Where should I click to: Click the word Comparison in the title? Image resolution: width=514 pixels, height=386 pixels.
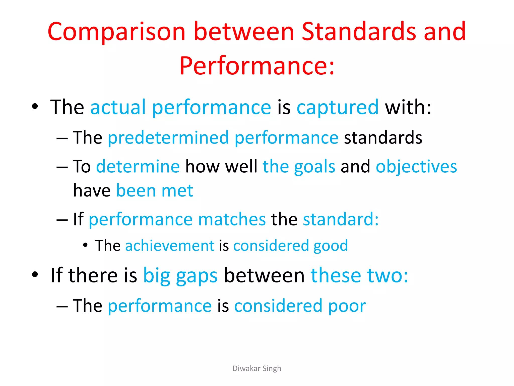[x=116, y=32]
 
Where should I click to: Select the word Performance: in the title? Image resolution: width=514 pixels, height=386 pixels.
[x=257, y=66]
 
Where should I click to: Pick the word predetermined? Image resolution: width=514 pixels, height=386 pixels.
[x=168, y=138]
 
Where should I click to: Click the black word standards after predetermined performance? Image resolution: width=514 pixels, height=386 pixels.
[x=383, y=138]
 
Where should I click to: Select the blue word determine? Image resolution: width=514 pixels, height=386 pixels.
[x=138, y=166]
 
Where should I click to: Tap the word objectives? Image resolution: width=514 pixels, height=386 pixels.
[x=416, y=167]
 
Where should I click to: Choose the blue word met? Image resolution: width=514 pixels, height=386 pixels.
[x=177, y=190]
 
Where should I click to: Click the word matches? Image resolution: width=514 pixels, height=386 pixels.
[x=232, y=219]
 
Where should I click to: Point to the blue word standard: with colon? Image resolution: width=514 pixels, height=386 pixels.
[x=341, y=219]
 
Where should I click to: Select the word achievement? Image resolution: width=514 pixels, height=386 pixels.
[x=170, y=246]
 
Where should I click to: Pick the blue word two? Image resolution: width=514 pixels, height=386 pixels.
[x=388, y=275]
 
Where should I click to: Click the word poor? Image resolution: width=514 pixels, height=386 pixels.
[x=347, y=306]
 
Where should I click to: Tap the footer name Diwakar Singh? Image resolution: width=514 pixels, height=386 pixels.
[x=257, y=368]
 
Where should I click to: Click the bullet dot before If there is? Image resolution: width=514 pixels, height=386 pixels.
[x=35, y=274]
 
